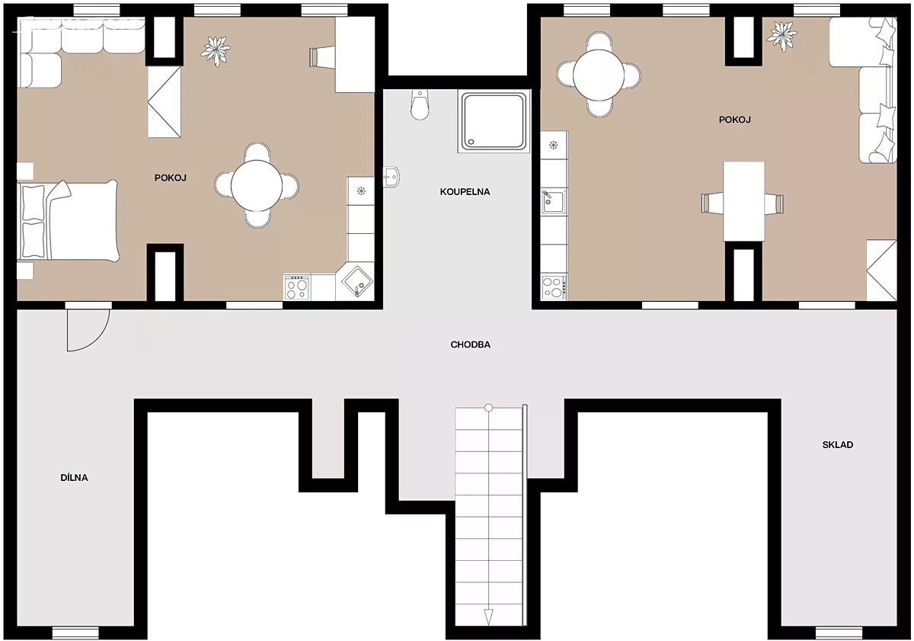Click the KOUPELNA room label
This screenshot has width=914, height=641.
coord(465,192)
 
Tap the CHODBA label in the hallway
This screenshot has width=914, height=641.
coord(471,345)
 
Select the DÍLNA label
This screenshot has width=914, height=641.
coord(75,478)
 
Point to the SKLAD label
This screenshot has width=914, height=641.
coord(838,444)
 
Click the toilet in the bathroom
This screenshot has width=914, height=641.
coord(420,104)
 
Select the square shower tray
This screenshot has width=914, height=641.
coord(494,121)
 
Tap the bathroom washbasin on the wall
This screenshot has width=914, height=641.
coord(391,177)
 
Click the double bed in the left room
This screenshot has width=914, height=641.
coord(69,220)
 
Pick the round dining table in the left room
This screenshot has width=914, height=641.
coord(257,186)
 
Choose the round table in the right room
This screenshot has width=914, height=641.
coord(599,75)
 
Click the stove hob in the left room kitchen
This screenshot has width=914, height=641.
coord(296,287)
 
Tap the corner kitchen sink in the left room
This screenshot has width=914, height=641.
coord(357,281)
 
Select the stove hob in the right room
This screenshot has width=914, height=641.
coord(554,287)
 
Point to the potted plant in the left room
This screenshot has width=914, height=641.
coord(216,51)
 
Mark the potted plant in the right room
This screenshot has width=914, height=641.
coord(781,37)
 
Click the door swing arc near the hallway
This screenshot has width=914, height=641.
coord(98,338)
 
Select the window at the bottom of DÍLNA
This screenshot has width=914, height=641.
coord(75,633)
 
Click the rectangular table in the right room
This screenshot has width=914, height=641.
coord(744,202)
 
